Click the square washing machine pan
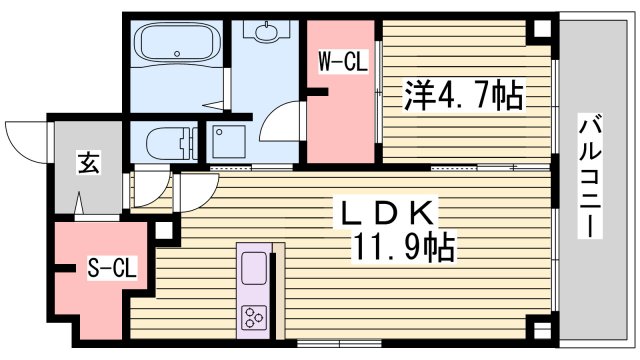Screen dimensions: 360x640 (x=230, y=142)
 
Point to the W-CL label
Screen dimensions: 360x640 (x=343, y=61)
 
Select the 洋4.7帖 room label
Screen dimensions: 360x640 (x=462, y=97)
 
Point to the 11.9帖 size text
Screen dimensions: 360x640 (x=405, y=245)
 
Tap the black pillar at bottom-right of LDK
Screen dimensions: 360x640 (x=541, y=328)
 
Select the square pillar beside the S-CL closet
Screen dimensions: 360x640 (x=164, y=233)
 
